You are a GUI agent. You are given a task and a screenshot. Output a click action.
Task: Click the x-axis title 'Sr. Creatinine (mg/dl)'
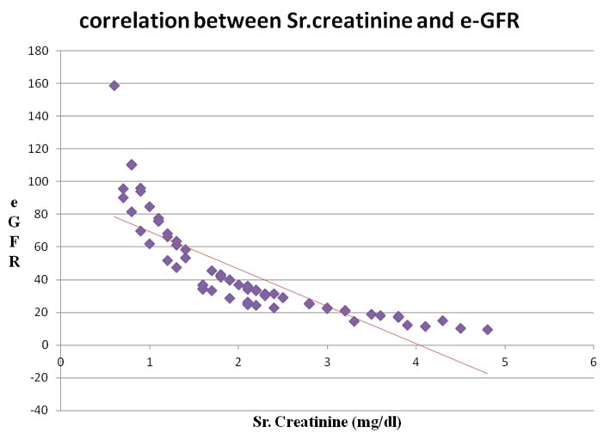coord(327,422)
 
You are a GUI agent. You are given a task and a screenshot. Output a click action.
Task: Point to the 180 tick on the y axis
coord(38,51)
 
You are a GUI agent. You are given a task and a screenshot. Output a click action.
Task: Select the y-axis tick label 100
coord(38,181)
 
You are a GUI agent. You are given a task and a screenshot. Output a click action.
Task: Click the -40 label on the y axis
coord(39,410)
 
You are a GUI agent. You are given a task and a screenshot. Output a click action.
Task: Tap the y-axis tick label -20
coord(39,377)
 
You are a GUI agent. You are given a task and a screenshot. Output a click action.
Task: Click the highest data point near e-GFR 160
coord(114,86)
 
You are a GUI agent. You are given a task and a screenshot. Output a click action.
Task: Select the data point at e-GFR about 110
coord(132,165)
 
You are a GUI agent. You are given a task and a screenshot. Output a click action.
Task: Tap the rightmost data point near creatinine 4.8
coord(487,330)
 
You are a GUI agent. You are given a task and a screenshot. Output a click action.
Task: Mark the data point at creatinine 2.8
coord(310,303)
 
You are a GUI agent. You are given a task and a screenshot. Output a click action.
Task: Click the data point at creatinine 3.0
coord(327,308)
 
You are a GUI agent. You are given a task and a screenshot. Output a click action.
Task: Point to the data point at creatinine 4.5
coord(460,328)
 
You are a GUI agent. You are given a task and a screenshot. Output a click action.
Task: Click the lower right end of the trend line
coord(487,373)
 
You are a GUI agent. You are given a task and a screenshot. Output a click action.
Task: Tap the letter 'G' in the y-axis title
coord(15,222)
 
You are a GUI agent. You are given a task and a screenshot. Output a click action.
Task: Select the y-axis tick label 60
coord(40,247)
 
